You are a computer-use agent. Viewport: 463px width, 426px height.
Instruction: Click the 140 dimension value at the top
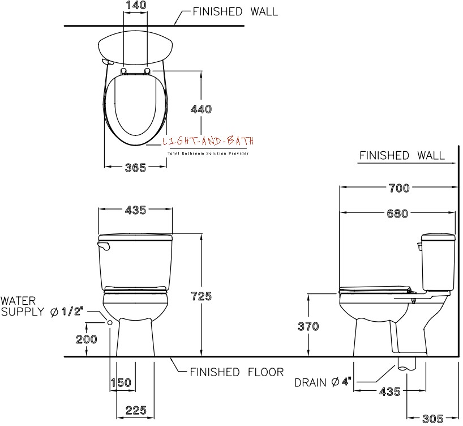click(136, 5)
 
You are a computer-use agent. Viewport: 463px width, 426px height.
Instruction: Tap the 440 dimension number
click(201, 109)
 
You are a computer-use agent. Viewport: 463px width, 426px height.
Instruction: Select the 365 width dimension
click(135, 168)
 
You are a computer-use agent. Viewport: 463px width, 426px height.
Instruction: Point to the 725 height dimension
click(202, 296)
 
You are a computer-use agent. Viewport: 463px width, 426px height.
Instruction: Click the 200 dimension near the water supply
click(87, 339)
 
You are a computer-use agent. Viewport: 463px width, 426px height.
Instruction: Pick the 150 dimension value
click(121, 382)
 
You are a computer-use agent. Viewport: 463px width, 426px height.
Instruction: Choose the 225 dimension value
click(136, 410)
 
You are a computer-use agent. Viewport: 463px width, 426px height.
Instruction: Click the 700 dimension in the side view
click(399, 188)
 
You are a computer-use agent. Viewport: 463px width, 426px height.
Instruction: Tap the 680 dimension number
click(397, 214)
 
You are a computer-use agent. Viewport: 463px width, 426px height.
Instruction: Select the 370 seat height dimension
click(308, 326)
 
